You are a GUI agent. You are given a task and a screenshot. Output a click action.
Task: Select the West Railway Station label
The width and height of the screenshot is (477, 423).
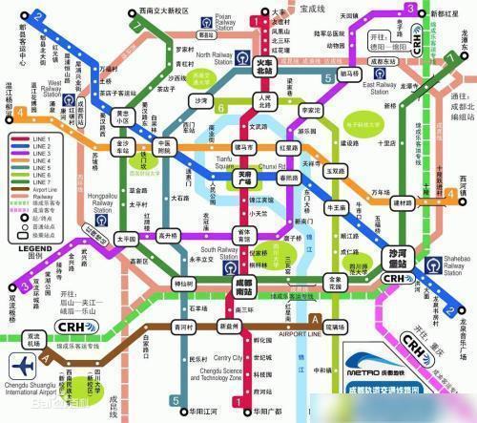[x=49, y=88]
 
